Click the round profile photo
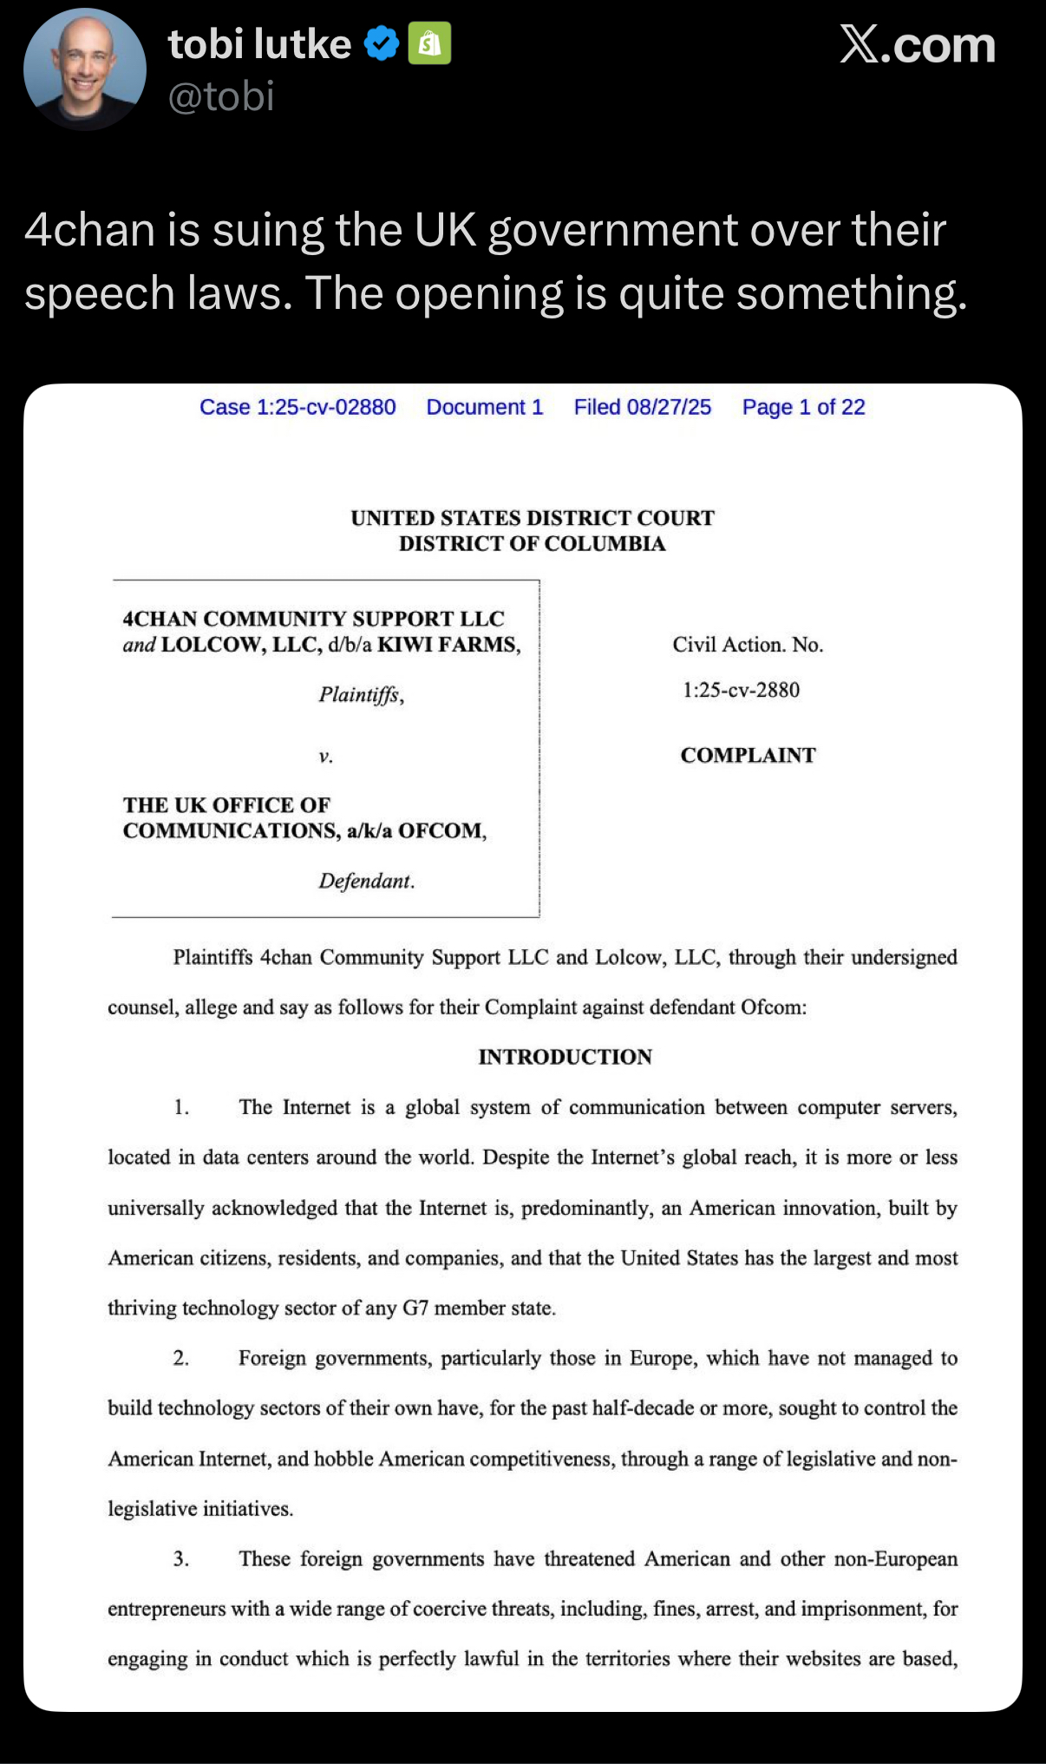[x=84, y=69]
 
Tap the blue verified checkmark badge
[x=381, y=43]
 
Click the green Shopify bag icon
[x=429, y=43]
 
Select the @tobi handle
[x=221, y=96]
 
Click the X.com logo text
[x=917, y=44]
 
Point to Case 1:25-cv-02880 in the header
[x=297, y=407]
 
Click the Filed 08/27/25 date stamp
[x=642, y=407]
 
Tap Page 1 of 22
[x=803, y=407]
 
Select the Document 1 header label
[x=484, y=407]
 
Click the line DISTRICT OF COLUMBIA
[x=532, y=544]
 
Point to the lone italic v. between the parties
[x=325, y=756]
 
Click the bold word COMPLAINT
[x=748, y=755]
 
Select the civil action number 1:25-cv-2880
[x=741, y=690]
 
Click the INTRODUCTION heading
[x=565, y=1057]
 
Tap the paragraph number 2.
[x=180, y=1358]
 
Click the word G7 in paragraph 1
[x=415, y=1308]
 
